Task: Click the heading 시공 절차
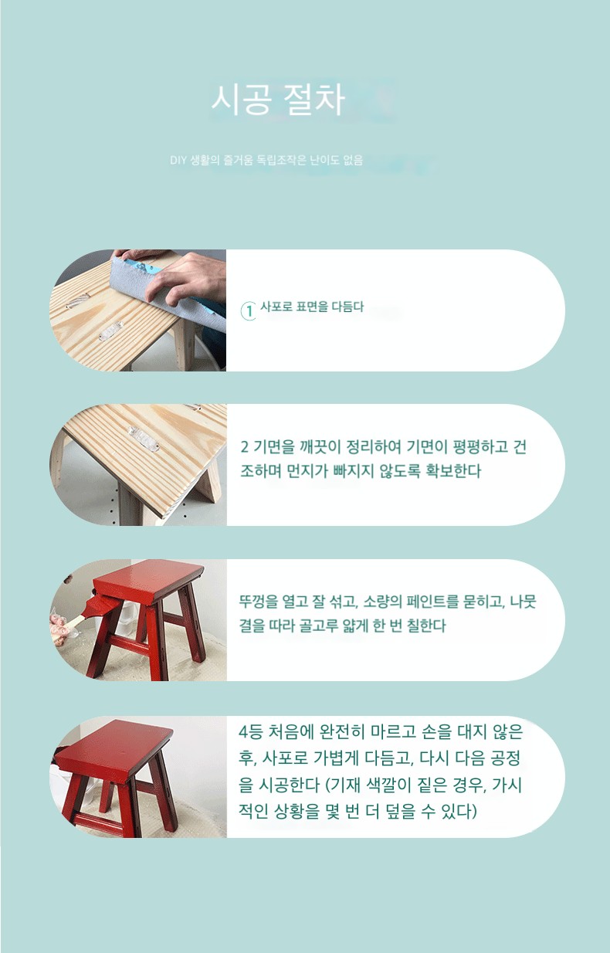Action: [278, 100]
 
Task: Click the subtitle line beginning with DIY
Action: [266, 160]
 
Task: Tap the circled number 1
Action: [249, 310]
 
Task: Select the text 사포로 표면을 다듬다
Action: [312, 307]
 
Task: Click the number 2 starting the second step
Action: [244, 446]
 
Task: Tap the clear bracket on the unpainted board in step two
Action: [144, 439]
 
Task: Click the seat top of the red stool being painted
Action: [148, 579]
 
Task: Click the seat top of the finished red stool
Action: [114, 751]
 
